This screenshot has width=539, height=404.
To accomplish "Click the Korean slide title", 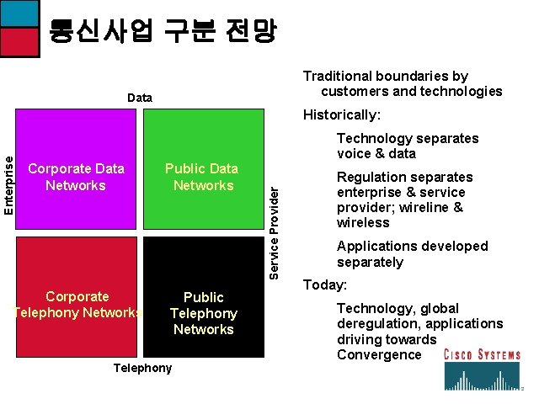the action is tap(162, 31).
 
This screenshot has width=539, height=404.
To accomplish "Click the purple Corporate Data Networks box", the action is tap(76, 172).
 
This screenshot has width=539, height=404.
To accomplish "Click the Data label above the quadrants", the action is tap(140, 98).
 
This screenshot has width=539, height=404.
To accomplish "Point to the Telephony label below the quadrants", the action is tap(142, 368).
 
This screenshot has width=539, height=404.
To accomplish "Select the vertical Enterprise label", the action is tap(8, 182).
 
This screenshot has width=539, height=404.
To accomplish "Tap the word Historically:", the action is tap(342, 114).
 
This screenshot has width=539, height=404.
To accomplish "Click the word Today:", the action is tap(324, 285).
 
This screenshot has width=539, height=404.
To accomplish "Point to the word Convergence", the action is tap(379, 354).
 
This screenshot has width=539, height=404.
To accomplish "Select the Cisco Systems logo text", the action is tap(483, 354).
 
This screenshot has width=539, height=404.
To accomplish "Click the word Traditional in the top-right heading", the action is tap(338, 76).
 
